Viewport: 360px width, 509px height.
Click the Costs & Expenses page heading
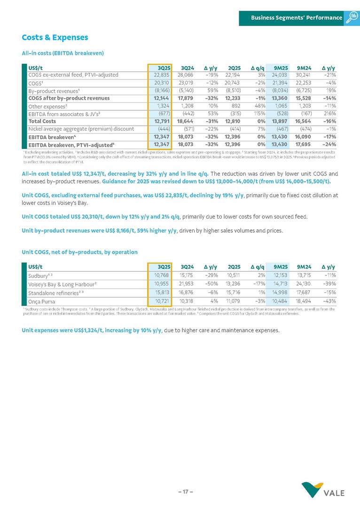tap(55, 38)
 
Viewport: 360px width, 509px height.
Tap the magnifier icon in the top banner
tap(352, 18)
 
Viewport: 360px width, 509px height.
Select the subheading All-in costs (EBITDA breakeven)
tap(63, 53)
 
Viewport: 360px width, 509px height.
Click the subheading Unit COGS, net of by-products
tap(79, 252)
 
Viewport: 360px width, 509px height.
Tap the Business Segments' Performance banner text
tap(296, 18)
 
